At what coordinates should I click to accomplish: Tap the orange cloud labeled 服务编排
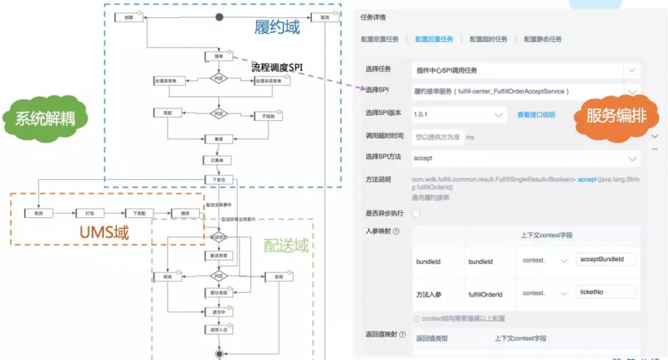[x=616, y=115]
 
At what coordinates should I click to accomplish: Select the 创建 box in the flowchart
[x=129, y=17]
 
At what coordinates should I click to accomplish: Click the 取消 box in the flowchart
[x=325, y=17]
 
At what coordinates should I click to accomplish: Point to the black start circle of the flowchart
[x=219, y=17]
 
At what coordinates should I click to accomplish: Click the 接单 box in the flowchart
[x=219, y=57]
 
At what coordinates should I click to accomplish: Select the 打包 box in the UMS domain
[x=90, y=213]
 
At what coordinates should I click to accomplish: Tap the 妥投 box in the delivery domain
[x=269, y=276]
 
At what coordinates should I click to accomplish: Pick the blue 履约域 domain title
[x=277, y=27]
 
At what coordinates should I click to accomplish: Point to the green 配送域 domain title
[x=286, y=245]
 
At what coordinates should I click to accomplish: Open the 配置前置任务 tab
[x=379, y=39]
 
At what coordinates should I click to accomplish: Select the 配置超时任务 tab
[x=488, y=39]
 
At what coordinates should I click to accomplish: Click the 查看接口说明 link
[x=536, y=115]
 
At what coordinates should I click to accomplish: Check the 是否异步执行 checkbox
[x=417, y=214]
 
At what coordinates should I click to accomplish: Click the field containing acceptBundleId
[x=605, y=259]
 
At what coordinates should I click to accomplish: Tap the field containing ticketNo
[x=605, y=292]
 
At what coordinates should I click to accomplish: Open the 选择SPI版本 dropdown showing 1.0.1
[x=459, y=115]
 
